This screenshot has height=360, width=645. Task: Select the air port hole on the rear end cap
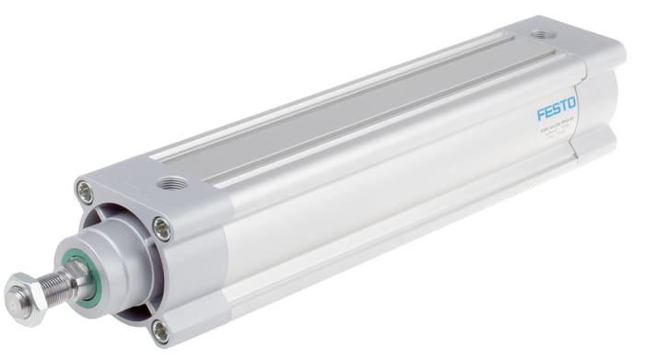click(x=539, y=37)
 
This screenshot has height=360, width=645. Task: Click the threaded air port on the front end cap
click(x=170, y=184)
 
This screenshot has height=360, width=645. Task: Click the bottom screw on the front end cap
click(x=160, y=329)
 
